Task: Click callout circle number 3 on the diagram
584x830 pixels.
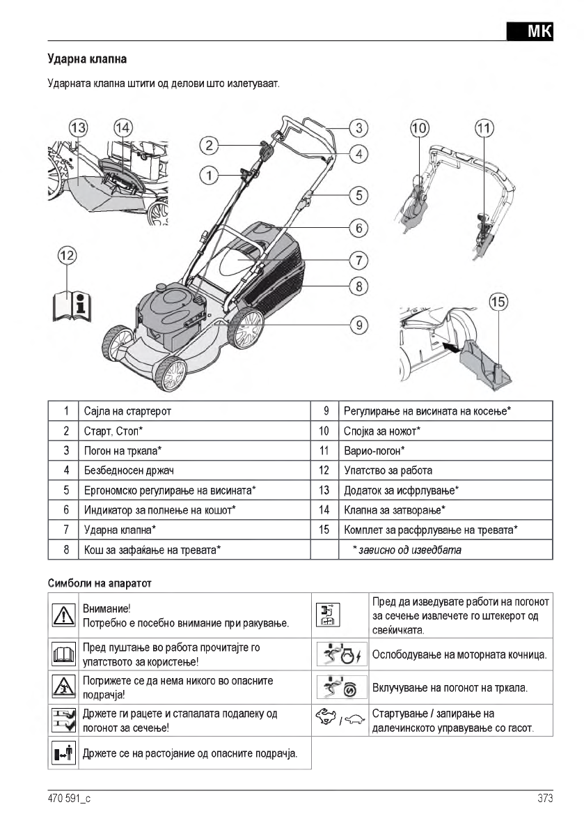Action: coord(358,128)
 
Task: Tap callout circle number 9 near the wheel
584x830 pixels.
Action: coord(358,324)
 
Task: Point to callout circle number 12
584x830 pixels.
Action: coord(67,256)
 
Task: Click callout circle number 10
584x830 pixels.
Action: coord(420,128)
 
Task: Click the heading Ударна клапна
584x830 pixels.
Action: coord(87,59)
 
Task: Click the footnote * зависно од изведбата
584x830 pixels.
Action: coord(407,550)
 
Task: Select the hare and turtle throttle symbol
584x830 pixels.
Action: coord(341,719)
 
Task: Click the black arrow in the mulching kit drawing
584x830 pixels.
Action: coord(450,346)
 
